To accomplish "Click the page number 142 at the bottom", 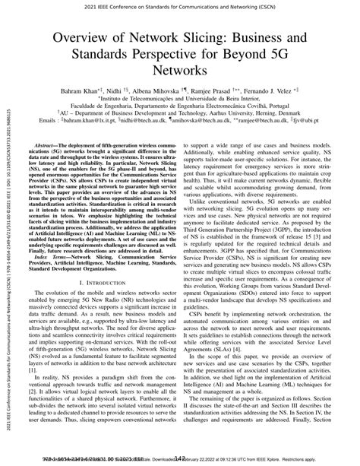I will [x=179, y=460].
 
